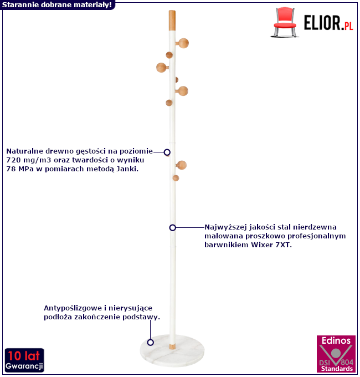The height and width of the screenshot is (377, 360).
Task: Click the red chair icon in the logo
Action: coord(285,22)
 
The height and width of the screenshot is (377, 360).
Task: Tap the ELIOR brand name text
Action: coord(322,23)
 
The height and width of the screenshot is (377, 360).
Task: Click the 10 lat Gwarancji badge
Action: coord(24,360)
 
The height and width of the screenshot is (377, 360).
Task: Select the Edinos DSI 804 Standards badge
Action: coord(336,354)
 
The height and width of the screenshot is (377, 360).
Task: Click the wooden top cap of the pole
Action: coord(172,20)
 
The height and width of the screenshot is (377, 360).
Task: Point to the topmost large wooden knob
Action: coord(183,43)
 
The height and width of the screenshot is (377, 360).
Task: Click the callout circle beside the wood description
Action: coord(167,152)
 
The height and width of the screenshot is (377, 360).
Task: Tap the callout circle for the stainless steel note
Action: coord(172,227)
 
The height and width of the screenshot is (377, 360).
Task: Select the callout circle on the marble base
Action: coord(150,342)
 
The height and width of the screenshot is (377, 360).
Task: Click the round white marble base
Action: coord(172,351)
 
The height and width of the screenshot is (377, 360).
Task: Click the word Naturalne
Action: coord(24,151)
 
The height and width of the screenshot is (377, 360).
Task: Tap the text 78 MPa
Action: coord(20,169)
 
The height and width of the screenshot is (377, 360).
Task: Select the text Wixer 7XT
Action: coord(271,245)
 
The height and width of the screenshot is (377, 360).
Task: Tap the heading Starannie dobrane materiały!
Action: coord(56,4)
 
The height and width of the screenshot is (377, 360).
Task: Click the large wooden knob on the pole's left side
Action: coord(162,68)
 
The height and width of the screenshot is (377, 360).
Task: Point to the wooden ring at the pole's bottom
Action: coord(172,347)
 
